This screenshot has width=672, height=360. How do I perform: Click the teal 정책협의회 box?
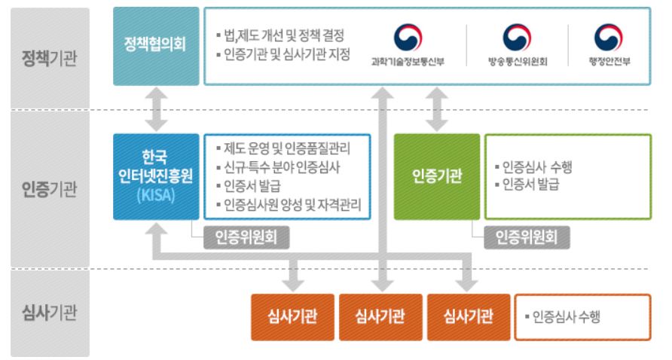[156, 46]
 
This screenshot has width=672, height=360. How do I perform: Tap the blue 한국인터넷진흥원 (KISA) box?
[156, 176]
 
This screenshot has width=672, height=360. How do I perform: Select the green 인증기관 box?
[437, 176]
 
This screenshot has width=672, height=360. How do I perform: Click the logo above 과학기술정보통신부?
[408, 38]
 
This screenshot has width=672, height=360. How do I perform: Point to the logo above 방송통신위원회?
[517, 38]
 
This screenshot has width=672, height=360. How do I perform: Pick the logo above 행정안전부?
[608, 38]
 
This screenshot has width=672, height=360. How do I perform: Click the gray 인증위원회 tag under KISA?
[246, 237]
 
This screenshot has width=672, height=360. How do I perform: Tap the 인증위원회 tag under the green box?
[527, 237]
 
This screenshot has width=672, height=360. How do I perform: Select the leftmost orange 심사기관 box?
[293, 317]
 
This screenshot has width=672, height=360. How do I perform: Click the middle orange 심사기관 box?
[380, 317]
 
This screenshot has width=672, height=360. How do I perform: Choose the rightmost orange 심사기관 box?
[469, 317]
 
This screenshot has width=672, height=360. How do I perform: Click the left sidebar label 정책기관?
[49, 58]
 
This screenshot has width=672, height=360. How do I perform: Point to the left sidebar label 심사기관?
[49, 313]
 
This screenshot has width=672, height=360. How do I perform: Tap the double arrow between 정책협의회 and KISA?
[156, 109]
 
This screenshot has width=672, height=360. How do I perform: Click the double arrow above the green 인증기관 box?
[437, 109]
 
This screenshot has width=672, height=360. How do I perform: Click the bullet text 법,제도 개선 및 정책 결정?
[280, 35]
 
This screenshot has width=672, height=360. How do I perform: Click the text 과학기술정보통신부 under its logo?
[408, 62]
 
